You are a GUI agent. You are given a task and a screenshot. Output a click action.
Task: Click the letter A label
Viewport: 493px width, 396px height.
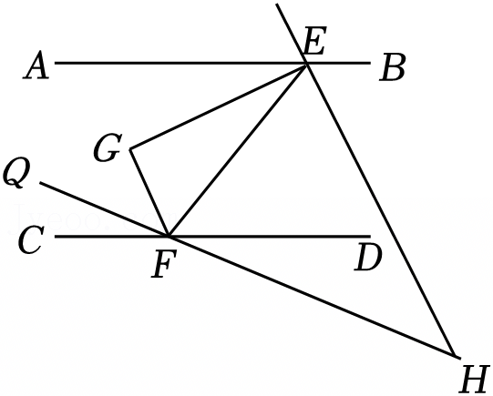click(x=36, y=66)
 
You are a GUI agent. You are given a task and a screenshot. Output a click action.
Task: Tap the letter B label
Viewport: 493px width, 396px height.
click(x=392, y=68)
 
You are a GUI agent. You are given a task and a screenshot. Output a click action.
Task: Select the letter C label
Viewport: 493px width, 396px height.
click(x=30, y=240)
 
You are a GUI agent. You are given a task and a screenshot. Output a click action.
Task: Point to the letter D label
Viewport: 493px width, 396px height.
click(x=368, y=259)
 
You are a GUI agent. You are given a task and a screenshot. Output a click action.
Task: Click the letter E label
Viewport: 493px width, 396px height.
click(x=314, y=41)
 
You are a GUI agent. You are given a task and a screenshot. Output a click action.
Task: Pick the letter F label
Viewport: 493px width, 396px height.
click(x=163, y=264)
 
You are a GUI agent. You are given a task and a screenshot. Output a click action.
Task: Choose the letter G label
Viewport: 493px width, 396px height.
click(x=108, y=147)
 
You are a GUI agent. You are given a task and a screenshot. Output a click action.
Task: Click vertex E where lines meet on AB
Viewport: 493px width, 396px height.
click(x=306, y=64)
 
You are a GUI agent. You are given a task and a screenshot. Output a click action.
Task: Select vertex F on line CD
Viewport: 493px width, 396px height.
click(x=169, y=236)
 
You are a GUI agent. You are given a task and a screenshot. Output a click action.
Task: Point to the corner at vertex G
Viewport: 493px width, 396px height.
click(x=130, y=148)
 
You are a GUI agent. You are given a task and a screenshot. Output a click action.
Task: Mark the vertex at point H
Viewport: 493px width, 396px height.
click(x=456, y=356)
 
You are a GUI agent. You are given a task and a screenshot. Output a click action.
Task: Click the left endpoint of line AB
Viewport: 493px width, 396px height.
click(x=56, y=63)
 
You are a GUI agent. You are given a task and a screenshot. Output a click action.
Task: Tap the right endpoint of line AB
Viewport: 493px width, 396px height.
click(x=370, y=63)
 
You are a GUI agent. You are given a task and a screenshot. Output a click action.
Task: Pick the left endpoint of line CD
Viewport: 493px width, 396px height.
click(x=56, y=236)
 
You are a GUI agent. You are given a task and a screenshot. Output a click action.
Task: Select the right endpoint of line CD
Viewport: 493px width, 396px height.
click(x=370, y=236)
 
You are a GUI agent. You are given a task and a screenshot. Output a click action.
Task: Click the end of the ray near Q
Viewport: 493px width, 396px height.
click(x=40, y=183)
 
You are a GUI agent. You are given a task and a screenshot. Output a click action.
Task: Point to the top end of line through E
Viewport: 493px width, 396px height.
click(x=277, y=4)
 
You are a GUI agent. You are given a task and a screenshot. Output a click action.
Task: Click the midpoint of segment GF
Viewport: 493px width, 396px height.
click(x=149, y=192)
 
